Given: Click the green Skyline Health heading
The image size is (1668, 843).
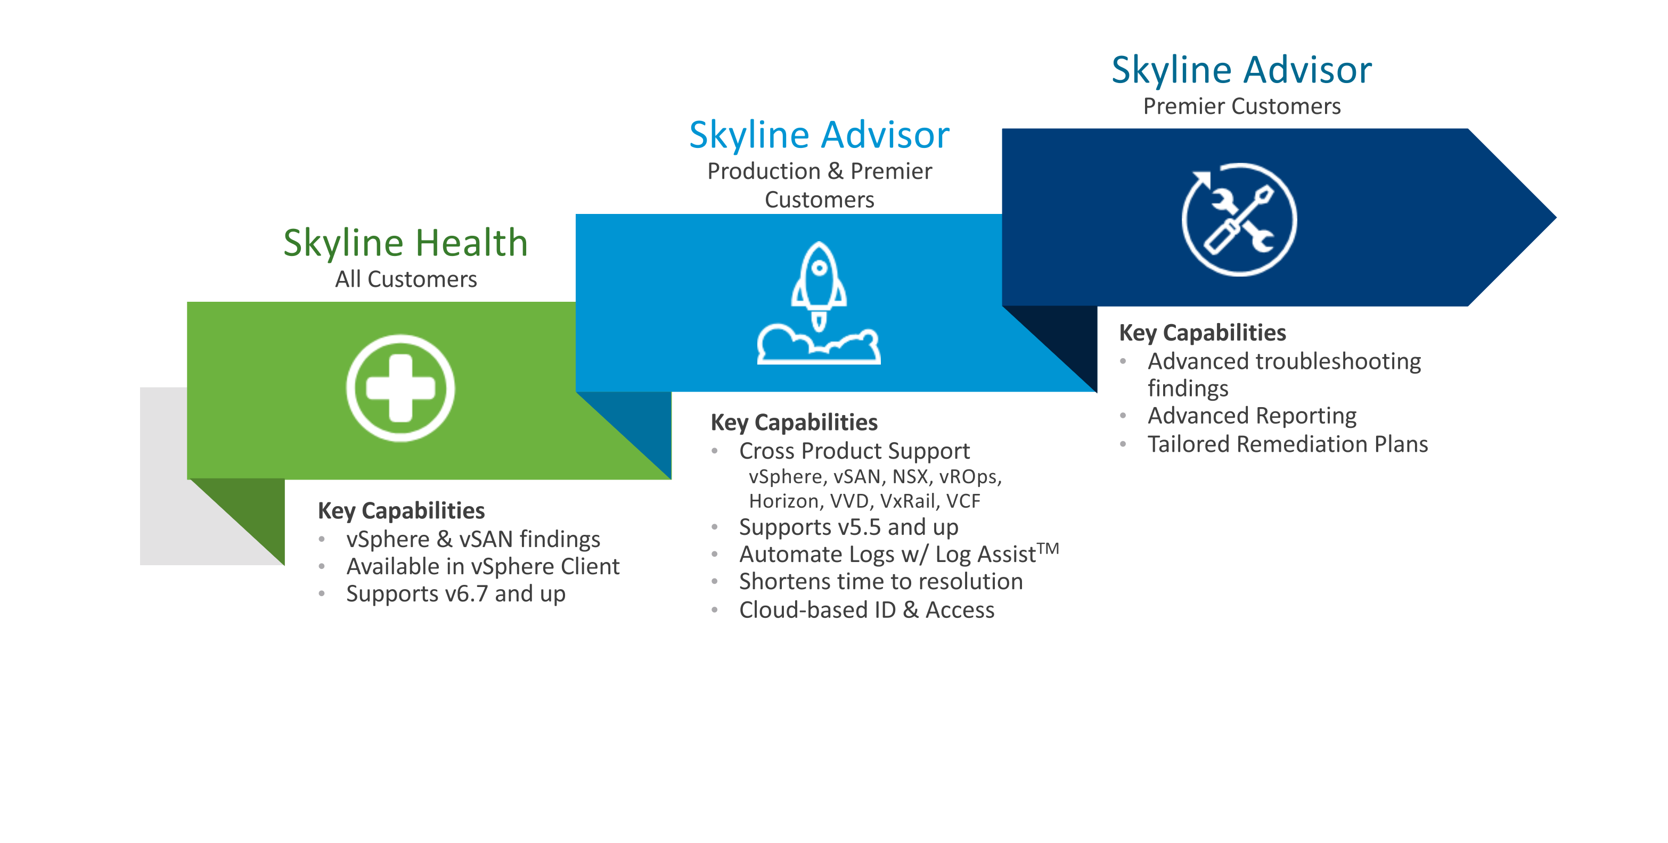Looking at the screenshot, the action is tap(405, 244).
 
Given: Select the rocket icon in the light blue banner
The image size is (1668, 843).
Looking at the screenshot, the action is tap(819, 303).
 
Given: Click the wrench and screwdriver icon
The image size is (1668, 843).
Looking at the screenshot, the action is tap(1239, 219).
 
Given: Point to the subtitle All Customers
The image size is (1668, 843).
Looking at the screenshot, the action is tap(406, 279).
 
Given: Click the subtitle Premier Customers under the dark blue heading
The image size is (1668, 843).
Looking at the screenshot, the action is tap(1242, 106).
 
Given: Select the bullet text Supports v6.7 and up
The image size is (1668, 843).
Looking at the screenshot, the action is tap(456, 594).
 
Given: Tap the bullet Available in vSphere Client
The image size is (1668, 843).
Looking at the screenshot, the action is tap(483, 566).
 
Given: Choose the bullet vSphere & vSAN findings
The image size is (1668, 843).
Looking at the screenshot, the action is tap(473, 539).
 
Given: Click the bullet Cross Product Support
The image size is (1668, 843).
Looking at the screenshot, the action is tap(855, 451).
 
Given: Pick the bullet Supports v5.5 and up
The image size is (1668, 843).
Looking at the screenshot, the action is tap(849, 527).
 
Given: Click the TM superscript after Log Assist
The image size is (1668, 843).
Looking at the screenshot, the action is tap(1048, 549).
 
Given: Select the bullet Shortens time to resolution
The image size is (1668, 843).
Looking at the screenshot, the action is tap(881, 582).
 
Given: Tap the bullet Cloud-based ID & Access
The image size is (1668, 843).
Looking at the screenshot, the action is tap(867, 610).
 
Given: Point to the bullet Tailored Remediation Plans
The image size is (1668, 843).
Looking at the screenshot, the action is tap(1288, 444).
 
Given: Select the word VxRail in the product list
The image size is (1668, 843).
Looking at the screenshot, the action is tap(909, 501).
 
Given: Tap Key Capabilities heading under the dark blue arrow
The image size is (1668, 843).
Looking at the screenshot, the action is tap(1203, 333).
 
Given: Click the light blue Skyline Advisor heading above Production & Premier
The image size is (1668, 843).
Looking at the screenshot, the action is tap(819, 136).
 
